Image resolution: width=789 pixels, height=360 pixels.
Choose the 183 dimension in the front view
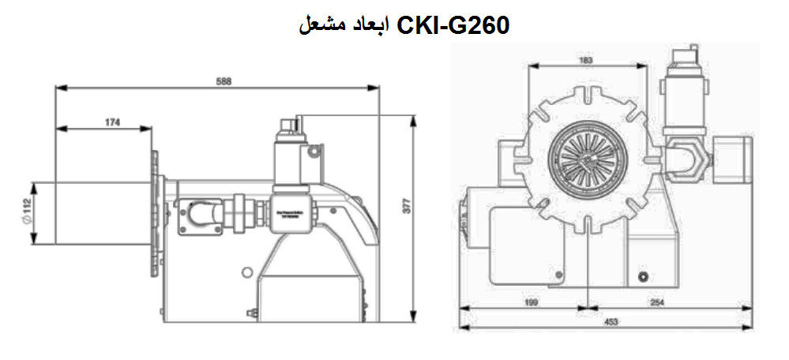[x=586, y=60]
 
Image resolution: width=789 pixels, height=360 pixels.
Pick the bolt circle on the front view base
[x=643, y=276]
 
